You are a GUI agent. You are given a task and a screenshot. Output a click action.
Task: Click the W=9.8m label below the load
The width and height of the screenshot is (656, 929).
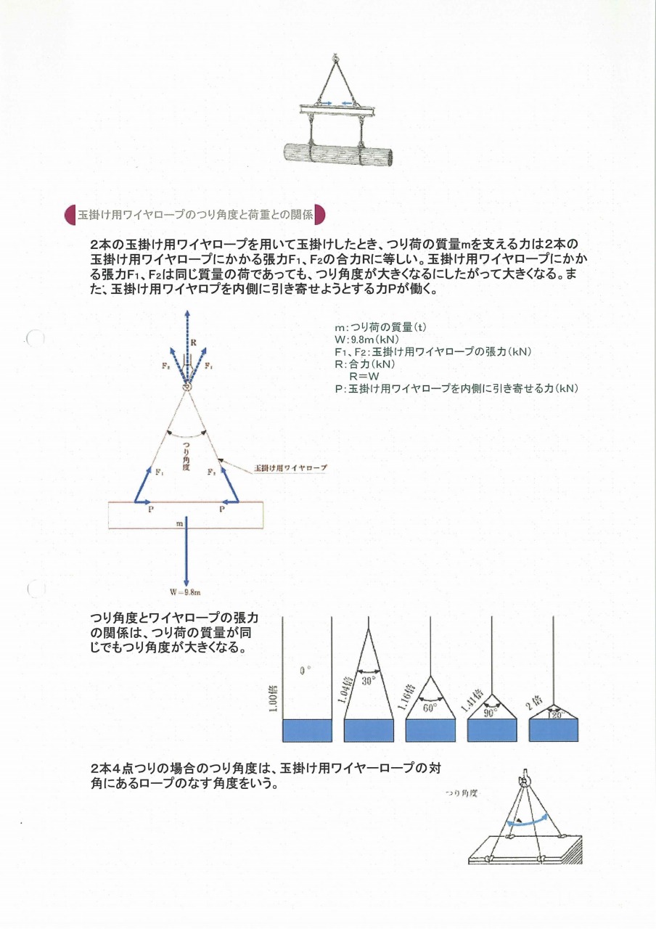(186, 592)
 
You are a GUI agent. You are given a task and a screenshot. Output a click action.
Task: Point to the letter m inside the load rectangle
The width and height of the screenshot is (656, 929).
(179, 523)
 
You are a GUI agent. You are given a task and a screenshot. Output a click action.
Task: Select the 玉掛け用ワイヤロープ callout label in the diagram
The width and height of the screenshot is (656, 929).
(290, 468)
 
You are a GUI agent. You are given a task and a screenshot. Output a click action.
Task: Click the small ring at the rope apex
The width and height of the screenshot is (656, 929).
(186, 385)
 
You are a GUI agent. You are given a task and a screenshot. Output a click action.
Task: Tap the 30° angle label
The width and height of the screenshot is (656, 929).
(369, 681)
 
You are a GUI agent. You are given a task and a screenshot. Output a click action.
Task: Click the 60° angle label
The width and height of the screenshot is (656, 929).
(430, 708)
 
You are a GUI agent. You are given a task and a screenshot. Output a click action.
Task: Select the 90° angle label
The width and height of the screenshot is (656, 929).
(491, 713)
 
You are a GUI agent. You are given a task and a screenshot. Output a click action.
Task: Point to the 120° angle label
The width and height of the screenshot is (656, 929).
(554, 715)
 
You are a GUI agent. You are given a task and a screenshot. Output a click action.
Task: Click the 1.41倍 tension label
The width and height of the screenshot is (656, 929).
(467, 698)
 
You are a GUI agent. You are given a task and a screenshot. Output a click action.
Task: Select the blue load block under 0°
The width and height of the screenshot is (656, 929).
(306, 730)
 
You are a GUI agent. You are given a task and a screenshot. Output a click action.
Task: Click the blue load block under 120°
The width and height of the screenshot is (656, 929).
(554, 730)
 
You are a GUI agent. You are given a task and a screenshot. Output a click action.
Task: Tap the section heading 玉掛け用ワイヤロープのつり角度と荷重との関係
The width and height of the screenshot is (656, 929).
(195, 215)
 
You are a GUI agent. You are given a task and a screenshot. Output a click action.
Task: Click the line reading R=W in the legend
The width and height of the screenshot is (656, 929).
(364, 376)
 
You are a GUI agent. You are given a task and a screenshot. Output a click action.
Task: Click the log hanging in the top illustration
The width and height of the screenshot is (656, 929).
(338, 155)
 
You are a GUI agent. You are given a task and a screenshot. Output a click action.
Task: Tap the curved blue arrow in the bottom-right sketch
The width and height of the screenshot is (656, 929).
(528, 821)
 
